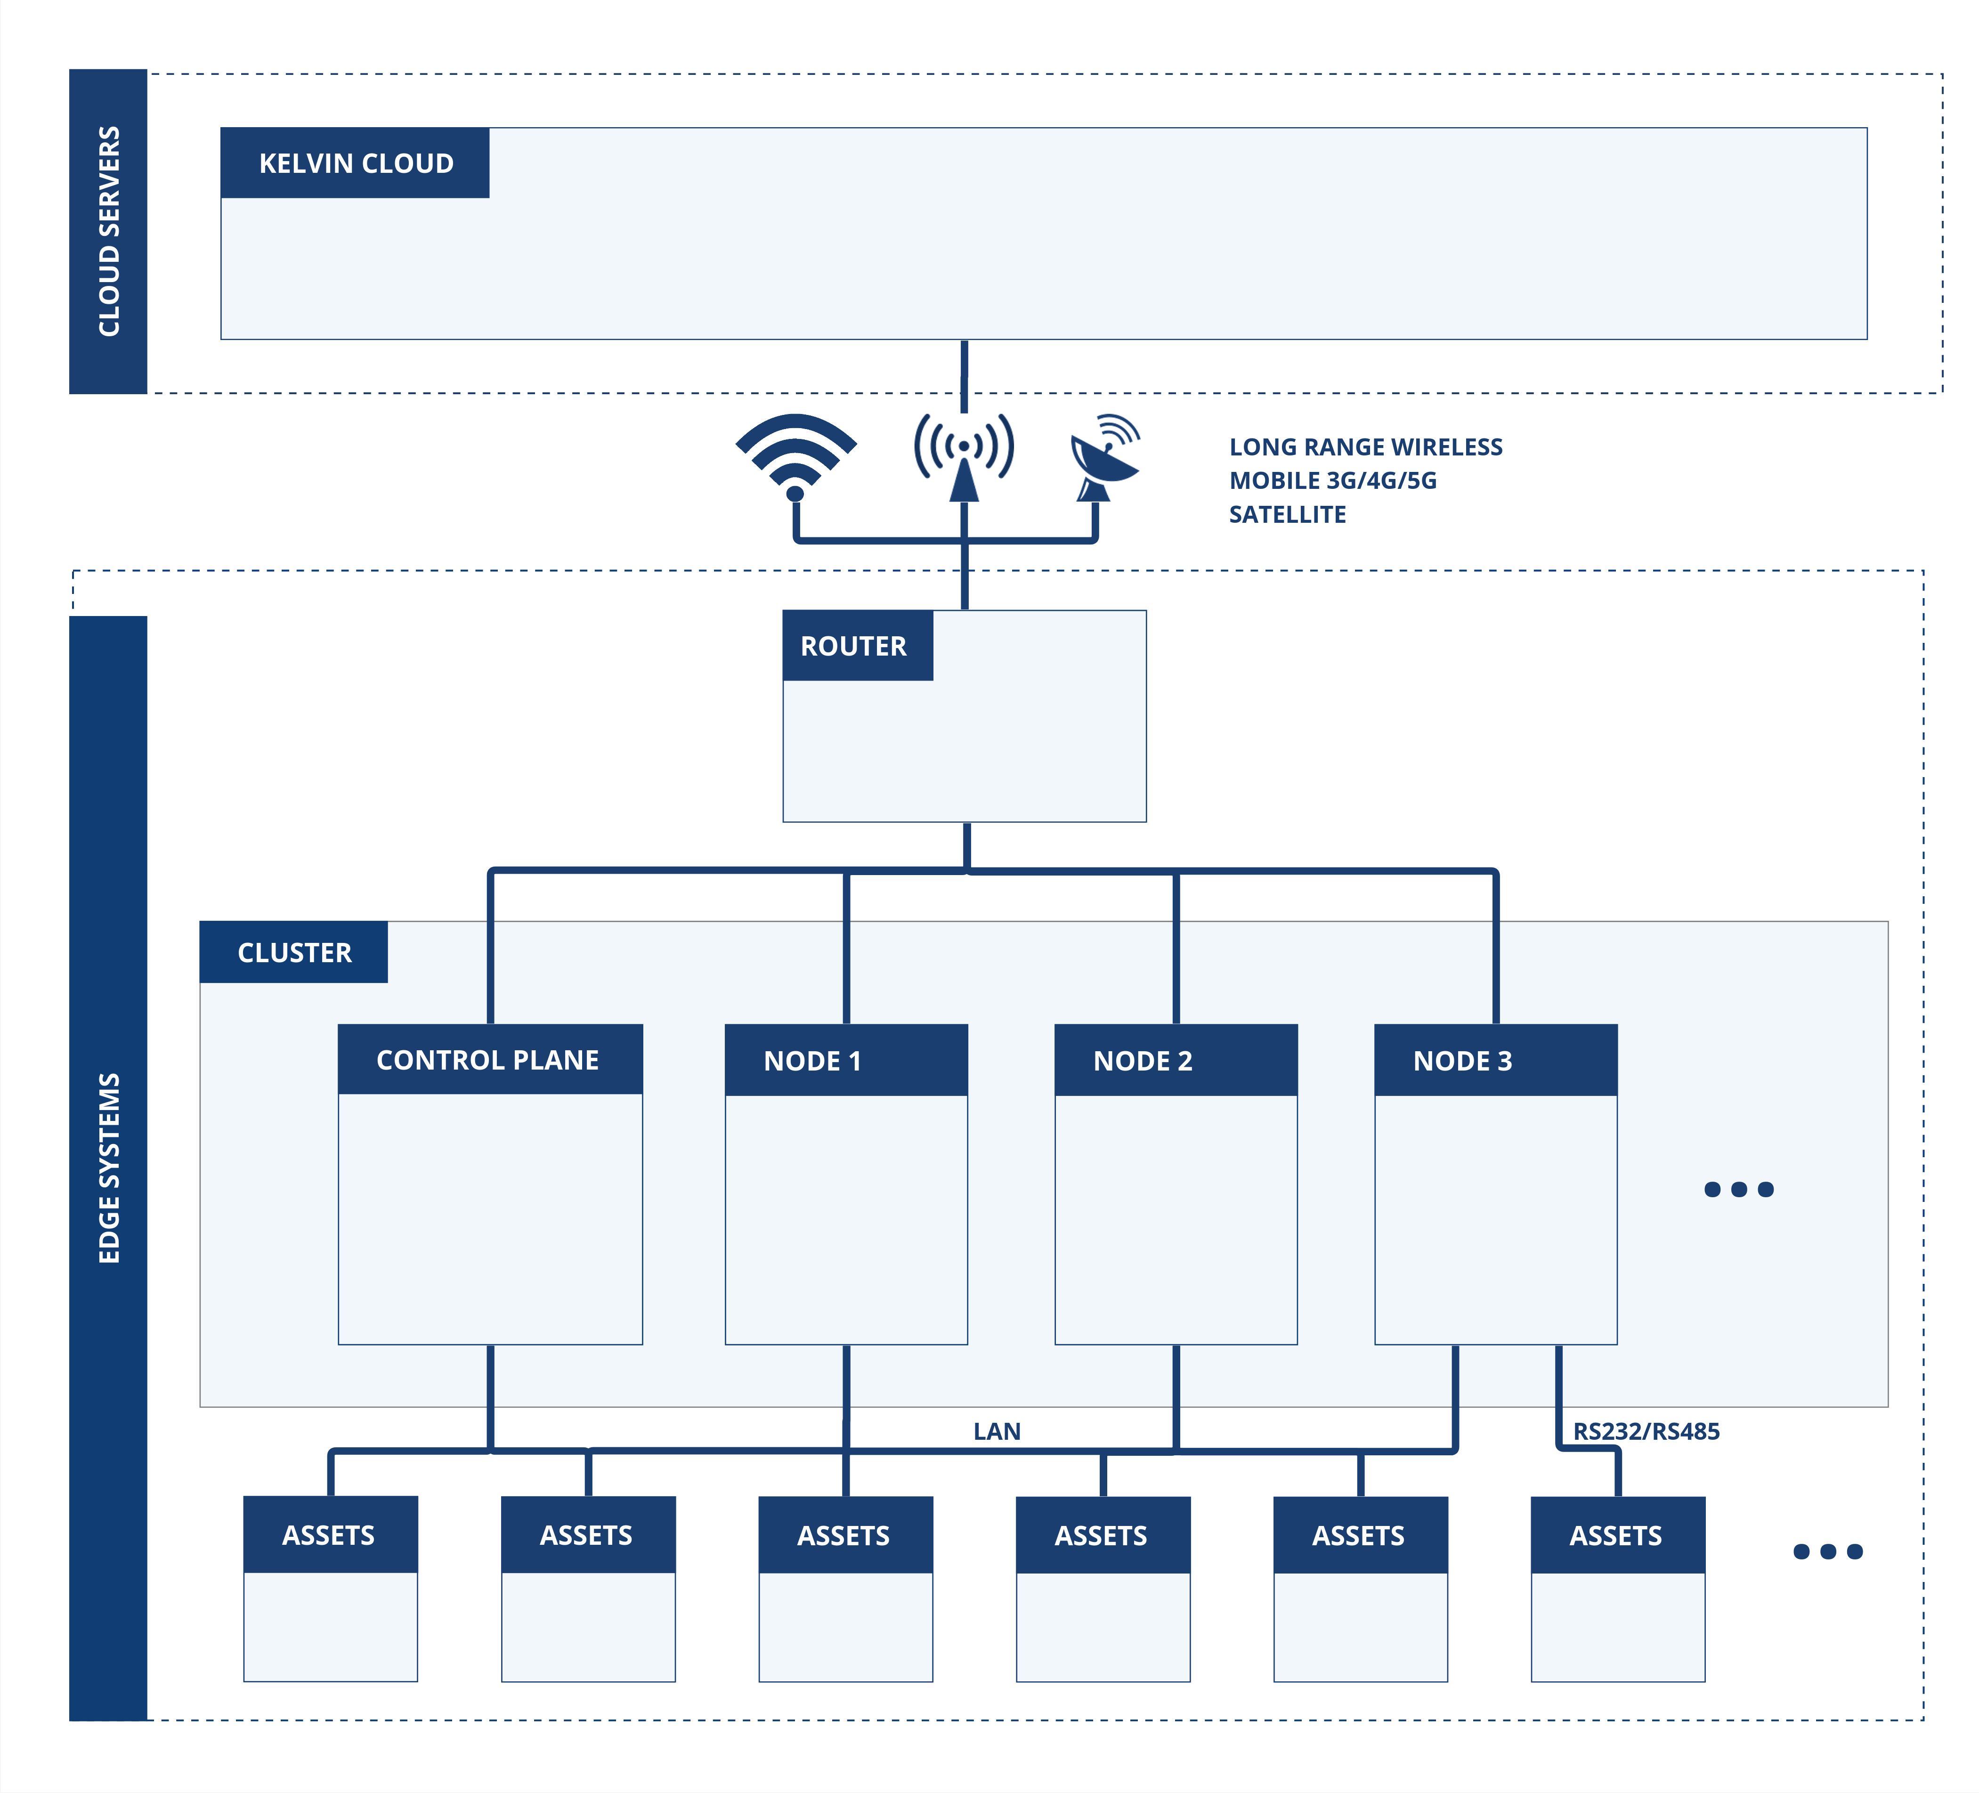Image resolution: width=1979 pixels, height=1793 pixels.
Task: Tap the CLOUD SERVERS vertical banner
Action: pyautogui.click(x=108, y=232)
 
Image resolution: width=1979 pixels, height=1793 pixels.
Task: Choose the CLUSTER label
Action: pyautogui.click(x=294, y=952)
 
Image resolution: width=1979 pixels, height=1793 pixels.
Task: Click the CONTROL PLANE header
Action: pyautogui.click(x=488, y=1061)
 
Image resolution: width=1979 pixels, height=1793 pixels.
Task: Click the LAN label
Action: pyautogui.click(x=997, y=1432)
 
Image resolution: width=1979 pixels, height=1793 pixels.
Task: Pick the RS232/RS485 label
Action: pyautogui.click(x=1646, y=1432)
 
